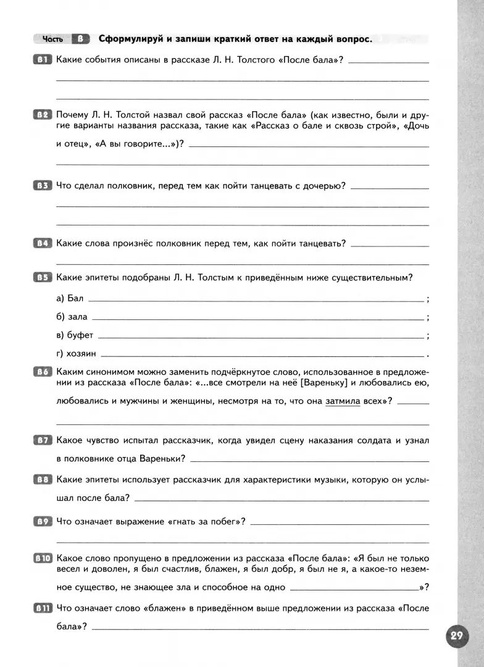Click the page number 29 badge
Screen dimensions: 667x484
click(x=457, y=637)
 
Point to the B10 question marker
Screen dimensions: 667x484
click(x=43, y=557)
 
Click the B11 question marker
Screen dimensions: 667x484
click(x=43, y=608)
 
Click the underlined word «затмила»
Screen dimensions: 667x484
click(x=342, y=401)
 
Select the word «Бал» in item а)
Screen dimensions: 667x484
click(x=75, y=298)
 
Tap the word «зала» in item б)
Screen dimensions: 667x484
click(x=78, y=317)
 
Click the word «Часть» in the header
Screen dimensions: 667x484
click(x=52, y=40)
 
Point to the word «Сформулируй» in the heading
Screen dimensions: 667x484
click(x=129, y=39)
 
